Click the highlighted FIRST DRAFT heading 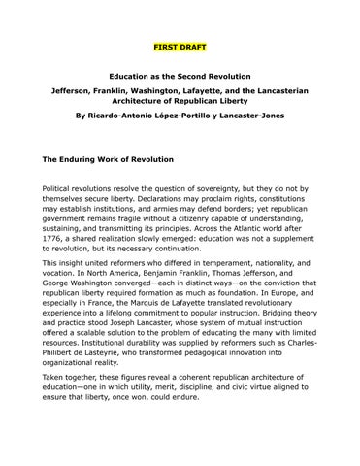180,47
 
